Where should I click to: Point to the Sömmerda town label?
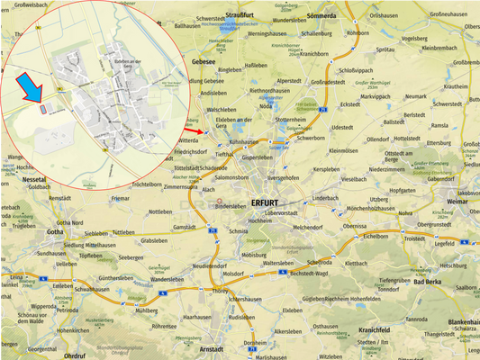321,16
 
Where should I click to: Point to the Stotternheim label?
297,119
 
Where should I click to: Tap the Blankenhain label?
461,322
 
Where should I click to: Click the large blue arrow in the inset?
32,89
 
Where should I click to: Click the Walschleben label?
220,110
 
